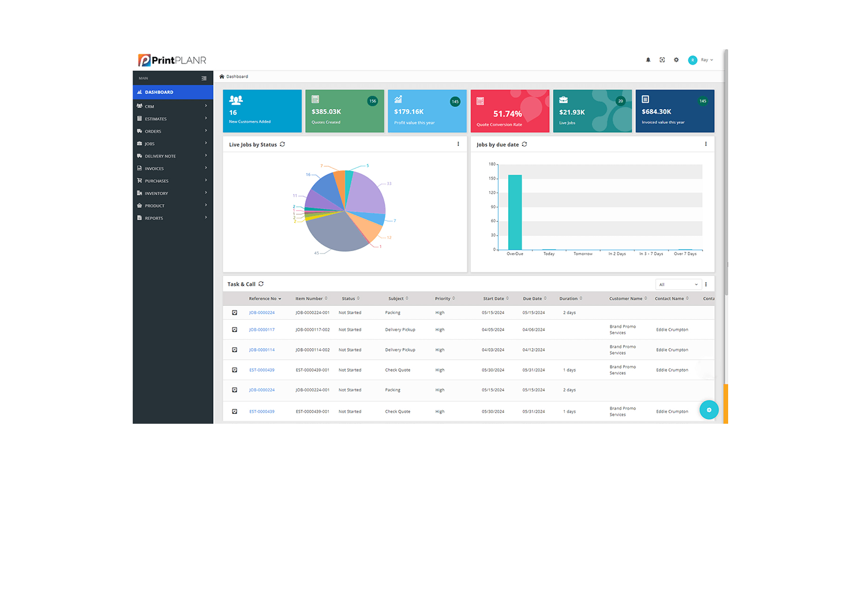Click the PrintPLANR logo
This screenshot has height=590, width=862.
[x=172, y=60]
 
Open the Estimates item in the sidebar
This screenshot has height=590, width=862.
[x=156, y=119]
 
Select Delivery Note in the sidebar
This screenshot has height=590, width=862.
[x=160, y=156]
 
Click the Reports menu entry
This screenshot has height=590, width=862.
[x=154, y=218]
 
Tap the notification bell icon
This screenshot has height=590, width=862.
[x=648, y=60]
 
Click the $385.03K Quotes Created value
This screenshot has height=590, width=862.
[x=327, y=112]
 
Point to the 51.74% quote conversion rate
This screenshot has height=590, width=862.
[x=508, y=114]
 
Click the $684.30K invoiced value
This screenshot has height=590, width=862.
[x=657, y=112]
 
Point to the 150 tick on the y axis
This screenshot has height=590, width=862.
[x=492, y=178]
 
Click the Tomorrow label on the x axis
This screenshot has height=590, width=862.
[x=583, y=254]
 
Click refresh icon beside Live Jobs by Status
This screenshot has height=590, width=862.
[x=282, y=144]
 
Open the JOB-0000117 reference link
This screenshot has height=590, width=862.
[x=262, y=330]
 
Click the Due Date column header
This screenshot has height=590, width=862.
[x=533, y=298]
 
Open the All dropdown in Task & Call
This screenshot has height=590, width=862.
[x=679, y=285]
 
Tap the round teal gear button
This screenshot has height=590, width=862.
[x=709, y=410]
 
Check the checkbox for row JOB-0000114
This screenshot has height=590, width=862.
[x=235, y=350]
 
